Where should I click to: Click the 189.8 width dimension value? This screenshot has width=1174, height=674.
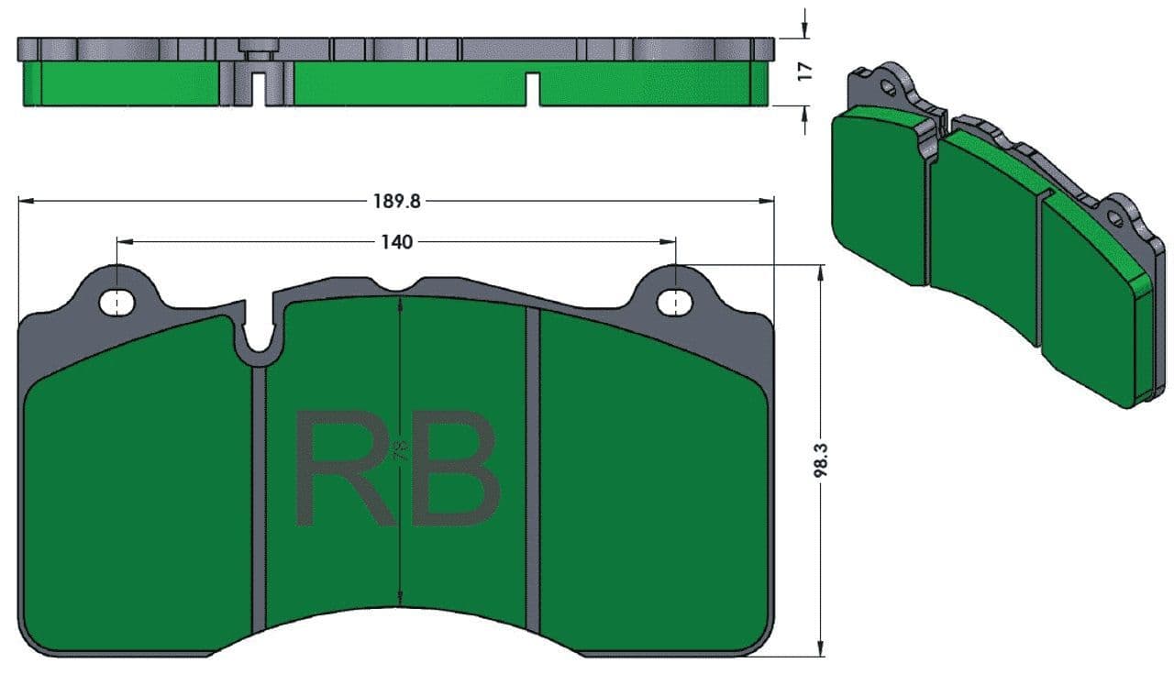tap(397, 201)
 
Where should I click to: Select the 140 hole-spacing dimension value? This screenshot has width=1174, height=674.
tap(397, 242)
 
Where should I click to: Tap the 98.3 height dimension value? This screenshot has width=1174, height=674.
tap(820, 459)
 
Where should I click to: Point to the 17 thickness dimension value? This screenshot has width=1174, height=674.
tap(805, 72)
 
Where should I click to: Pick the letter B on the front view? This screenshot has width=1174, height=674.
tap(455, 468)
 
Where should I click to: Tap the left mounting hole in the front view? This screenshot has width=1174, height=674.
tap(116, 303)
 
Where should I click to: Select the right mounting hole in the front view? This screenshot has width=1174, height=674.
tap(675, 303)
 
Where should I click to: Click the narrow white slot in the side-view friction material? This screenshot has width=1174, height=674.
tap(533, 89)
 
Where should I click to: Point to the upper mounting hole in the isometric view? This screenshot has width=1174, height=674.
tap(887, 86)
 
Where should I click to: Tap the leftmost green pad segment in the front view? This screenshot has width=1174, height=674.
tap(138, 485)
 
